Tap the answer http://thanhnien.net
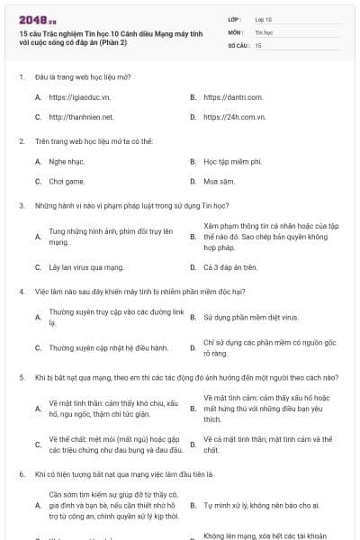coord(81,117)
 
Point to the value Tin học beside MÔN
coord(264,31)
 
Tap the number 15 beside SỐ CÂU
coord(258,44)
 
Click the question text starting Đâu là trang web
coord(82,76)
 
